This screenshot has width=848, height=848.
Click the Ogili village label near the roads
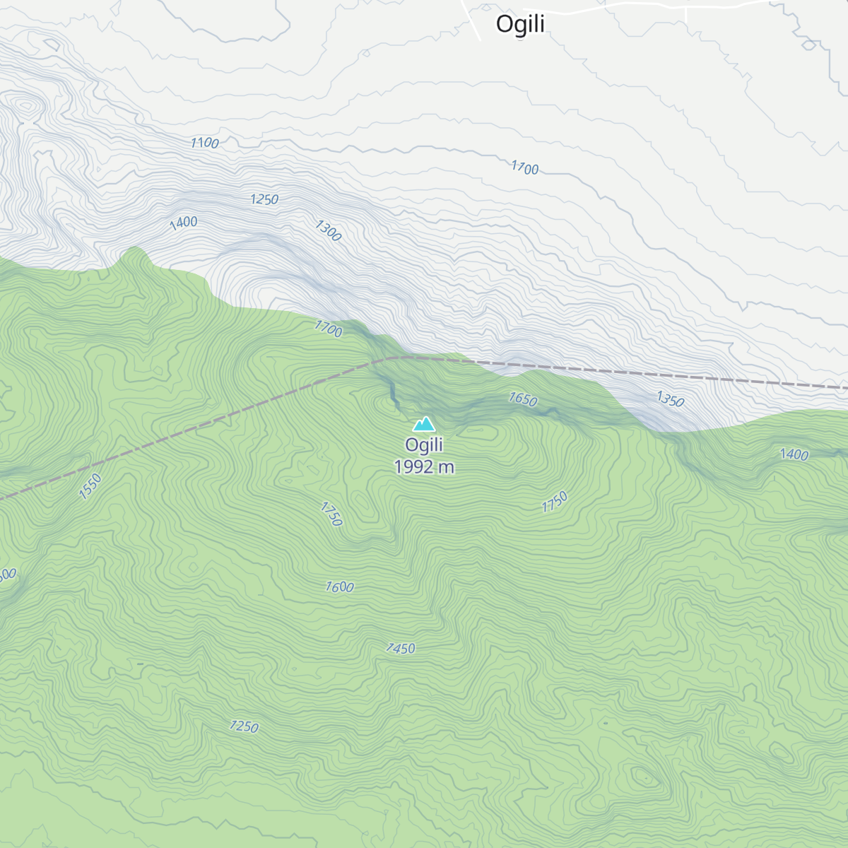pos(520,24)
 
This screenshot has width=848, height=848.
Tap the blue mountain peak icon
pos(424,423)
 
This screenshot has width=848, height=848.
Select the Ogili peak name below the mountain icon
pos(424,444)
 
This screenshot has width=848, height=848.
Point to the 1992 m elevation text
pos(424,467)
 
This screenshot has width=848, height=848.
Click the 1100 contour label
pos(204,143)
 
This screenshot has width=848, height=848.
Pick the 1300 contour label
pos(328,230)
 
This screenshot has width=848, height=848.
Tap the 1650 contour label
pos(523,399)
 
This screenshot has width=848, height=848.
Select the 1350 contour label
pos(670,400)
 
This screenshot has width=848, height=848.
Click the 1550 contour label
pos(90,486)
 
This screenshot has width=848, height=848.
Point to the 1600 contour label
pos(339,587)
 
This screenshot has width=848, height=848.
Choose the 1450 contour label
pos(400,648)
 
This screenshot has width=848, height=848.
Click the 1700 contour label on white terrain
pos(524,167)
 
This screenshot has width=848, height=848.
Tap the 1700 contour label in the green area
pos(328,329)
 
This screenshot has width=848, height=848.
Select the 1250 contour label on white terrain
pos(264,199)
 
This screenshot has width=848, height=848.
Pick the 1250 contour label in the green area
pos(244,726)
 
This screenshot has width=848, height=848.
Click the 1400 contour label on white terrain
pos(183,223)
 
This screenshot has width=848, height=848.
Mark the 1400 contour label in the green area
pos(794,454)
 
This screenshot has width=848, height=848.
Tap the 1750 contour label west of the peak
pos(331,514)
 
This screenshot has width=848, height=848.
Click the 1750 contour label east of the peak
pos(555,502)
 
